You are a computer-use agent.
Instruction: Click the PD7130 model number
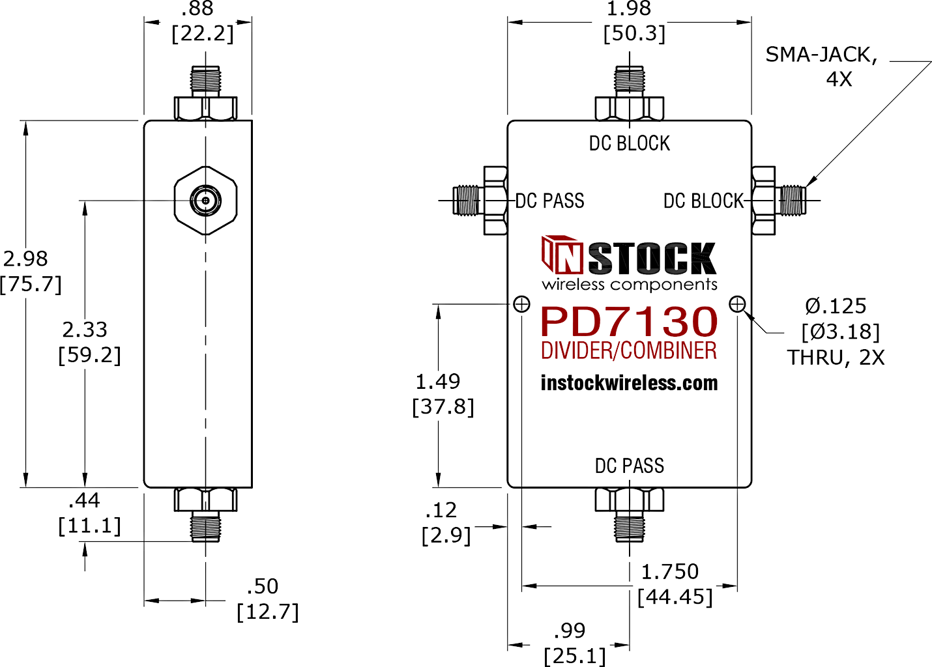629,322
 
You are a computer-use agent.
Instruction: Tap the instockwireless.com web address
629,383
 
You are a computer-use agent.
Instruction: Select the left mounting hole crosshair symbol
522,304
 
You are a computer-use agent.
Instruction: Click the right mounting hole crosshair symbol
737,304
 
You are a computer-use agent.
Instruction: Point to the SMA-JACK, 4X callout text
821,66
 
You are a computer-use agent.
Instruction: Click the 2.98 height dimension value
25,259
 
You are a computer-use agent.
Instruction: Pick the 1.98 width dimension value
628,9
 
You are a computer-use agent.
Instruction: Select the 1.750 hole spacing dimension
669,572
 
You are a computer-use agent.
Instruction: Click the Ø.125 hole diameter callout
836,306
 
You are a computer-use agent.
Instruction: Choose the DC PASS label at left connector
549,201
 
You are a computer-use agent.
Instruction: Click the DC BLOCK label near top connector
629,143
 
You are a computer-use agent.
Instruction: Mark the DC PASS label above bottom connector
629,466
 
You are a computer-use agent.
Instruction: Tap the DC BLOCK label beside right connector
703,201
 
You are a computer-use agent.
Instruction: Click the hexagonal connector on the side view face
205,200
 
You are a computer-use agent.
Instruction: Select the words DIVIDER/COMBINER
629,351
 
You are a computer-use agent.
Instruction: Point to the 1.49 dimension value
438,382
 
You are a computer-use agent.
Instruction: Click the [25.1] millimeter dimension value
575,655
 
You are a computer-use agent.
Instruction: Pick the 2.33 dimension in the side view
85,330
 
